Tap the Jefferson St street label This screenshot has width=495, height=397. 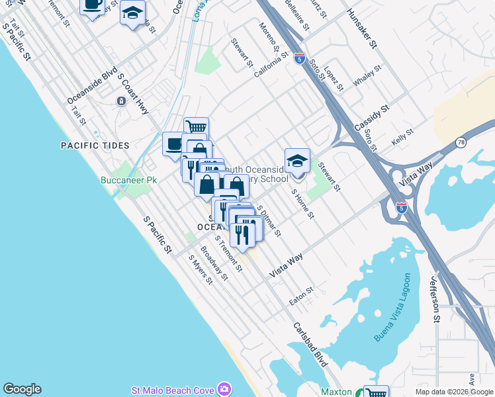point(436,299)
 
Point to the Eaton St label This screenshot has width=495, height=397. point(301,296)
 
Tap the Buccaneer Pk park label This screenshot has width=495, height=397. point(128,180)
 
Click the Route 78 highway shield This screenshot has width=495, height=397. point(461,142)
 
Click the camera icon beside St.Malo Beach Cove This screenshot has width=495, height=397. point(224,389)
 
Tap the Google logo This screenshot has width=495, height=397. point(22,389)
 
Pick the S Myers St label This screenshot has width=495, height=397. point(200,270)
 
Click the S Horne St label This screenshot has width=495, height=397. point(303,203)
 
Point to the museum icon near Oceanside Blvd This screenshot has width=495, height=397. point(122,101)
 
